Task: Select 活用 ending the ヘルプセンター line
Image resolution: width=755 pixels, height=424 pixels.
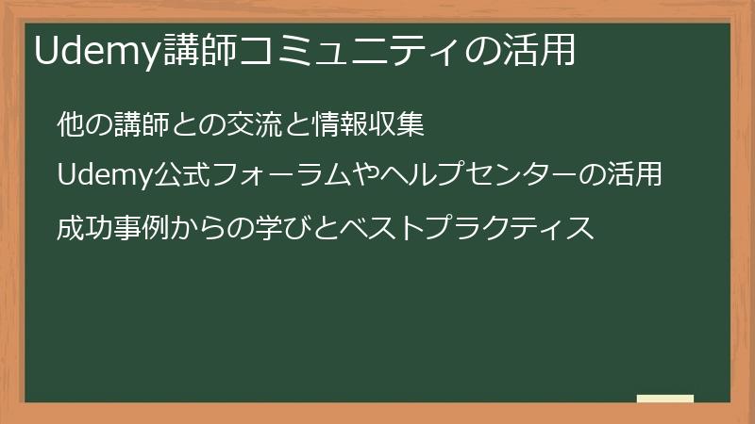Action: [634, 176]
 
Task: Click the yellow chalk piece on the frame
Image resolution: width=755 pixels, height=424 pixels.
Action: [665, 399]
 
